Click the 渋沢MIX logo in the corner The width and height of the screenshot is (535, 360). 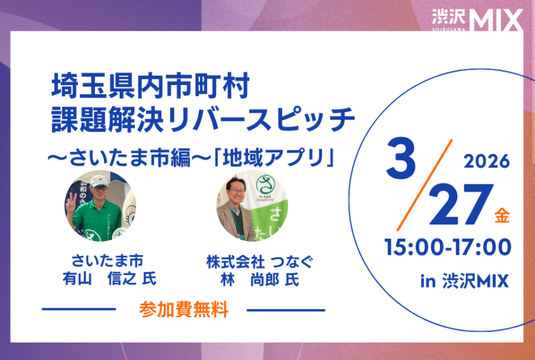477,20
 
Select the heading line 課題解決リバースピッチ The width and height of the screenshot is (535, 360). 203,119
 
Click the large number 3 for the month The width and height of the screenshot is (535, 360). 402,158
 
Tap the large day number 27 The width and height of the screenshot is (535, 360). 461,204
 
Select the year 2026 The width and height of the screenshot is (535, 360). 487,161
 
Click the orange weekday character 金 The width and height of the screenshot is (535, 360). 502,216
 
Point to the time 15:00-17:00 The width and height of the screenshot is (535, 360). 448,247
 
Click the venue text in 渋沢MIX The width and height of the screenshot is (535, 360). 465,281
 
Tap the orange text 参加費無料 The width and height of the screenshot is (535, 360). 184,310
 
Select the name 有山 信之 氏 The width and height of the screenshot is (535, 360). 110,279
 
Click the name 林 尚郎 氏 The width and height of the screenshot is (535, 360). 260,280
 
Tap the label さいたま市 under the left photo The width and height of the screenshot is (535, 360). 107,261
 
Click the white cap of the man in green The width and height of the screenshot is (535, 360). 99,181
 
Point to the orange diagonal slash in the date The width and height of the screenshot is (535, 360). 425,185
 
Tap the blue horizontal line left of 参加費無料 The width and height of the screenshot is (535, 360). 79,309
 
